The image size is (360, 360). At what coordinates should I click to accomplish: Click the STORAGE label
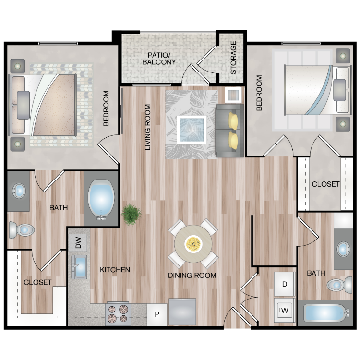pos(233,58)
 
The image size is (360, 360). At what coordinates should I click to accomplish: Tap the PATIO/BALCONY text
pos(159,59)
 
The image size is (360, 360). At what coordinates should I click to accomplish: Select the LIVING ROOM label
pos(148,127)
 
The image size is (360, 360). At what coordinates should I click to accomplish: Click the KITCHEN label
pos(115,270)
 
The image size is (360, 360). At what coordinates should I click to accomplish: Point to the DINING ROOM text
pos(192,276)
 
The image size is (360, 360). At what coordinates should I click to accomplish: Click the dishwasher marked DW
pos(78,243)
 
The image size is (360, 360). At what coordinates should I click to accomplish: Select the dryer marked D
pos(285,284)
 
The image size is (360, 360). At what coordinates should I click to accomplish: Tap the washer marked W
pos(285,311)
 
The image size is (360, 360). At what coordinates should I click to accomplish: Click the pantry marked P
pos(157,314)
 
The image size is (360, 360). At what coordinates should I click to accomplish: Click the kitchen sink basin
pos(79,267)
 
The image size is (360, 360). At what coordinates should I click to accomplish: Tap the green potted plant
pos(131,215)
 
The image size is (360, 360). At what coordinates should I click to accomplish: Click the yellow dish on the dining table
pos(193,244)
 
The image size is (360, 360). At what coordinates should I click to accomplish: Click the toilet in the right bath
pos(339,285)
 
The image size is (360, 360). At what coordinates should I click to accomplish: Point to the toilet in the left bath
pos(22,230)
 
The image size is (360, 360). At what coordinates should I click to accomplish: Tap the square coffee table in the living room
pos(192,130)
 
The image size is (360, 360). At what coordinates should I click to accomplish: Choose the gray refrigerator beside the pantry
pos(182,312)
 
